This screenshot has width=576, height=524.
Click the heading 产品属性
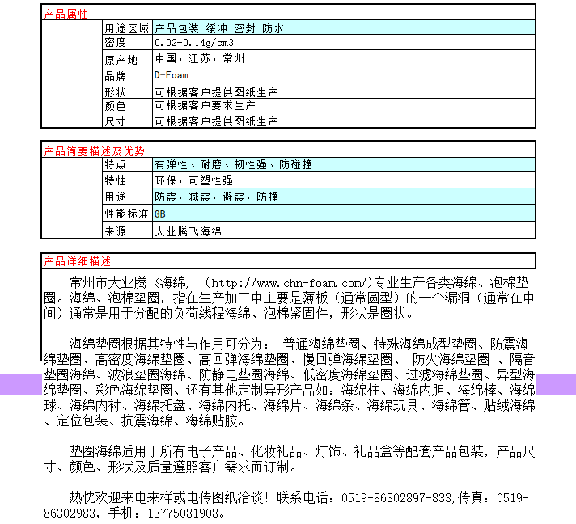[x=66, y=14]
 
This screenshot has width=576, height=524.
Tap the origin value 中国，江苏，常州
[x=199, y=59]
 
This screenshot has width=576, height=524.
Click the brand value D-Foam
[x=172, y=74]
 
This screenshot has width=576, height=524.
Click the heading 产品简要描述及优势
[x=94, y=150]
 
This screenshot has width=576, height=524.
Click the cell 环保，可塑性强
[x=193, y=180]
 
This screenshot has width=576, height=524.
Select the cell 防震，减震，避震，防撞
[x=216, y=196]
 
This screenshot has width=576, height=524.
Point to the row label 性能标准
[x=126, y=214]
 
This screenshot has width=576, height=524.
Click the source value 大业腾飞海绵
[x=188, y=231]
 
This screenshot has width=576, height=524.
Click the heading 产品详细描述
[x=77, y=261]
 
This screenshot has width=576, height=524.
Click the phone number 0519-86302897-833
[x=396, y=497]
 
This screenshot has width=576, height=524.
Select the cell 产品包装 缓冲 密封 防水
[x=219, y=28]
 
